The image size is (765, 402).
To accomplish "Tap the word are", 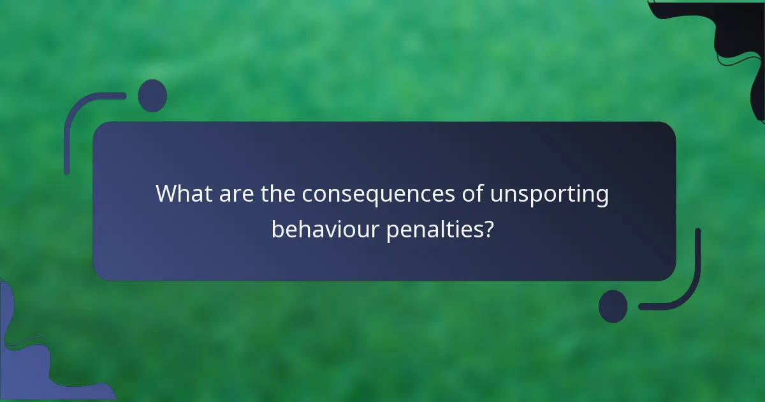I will [237, 194].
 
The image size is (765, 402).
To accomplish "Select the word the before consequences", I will [278, 194].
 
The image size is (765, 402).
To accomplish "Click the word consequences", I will [378, 194].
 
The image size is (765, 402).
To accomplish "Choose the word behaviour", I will [325, 228].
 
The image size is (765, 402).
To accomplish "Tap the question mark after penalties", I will [487, 228].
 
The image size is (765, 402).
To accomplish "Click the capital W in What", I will [167, 194].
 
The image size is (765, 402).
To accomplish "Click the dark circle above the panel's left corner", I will [152, 96].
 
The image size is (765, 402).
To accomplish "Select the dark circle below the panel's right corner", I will [613, 306].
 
